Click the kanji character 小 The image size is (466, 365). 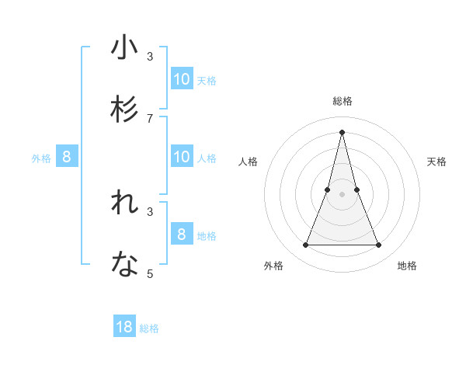[124, 49]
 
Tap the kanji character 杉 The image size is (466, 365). [124, 109]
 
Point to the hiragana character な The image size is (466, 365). [124, 266]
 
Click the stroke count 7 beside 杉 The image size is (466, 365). [150, 118]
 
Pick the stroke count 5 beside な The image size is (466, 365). [150, 273]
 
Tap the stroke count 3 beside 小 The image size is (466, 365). [150, 57]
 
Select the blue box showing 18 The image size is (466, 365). [124, 327]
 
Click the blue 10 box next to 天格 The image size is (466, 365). [182, 78]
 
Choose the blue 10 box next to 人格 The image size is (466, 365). [182, 157]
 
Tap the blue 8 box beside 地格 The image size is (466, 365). [182, 234]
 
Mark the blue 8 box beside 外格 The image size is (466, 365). [67, 157]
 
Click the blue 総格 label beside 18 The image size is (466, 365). [149, 328]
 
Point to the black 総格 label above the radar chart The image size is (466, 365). [343, 101]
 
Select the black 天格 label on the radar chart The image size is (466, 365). [437, 162]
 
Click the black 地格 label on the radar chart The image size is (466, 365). [407, 266]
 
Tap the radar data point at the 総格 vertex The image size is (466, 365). [343, 132]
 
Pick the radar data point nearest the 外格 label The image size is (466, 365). [305, 245]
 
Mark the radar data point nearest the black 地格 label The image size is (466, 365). [379, 245]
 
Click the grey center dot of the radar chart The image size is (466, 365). [343, 194]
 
